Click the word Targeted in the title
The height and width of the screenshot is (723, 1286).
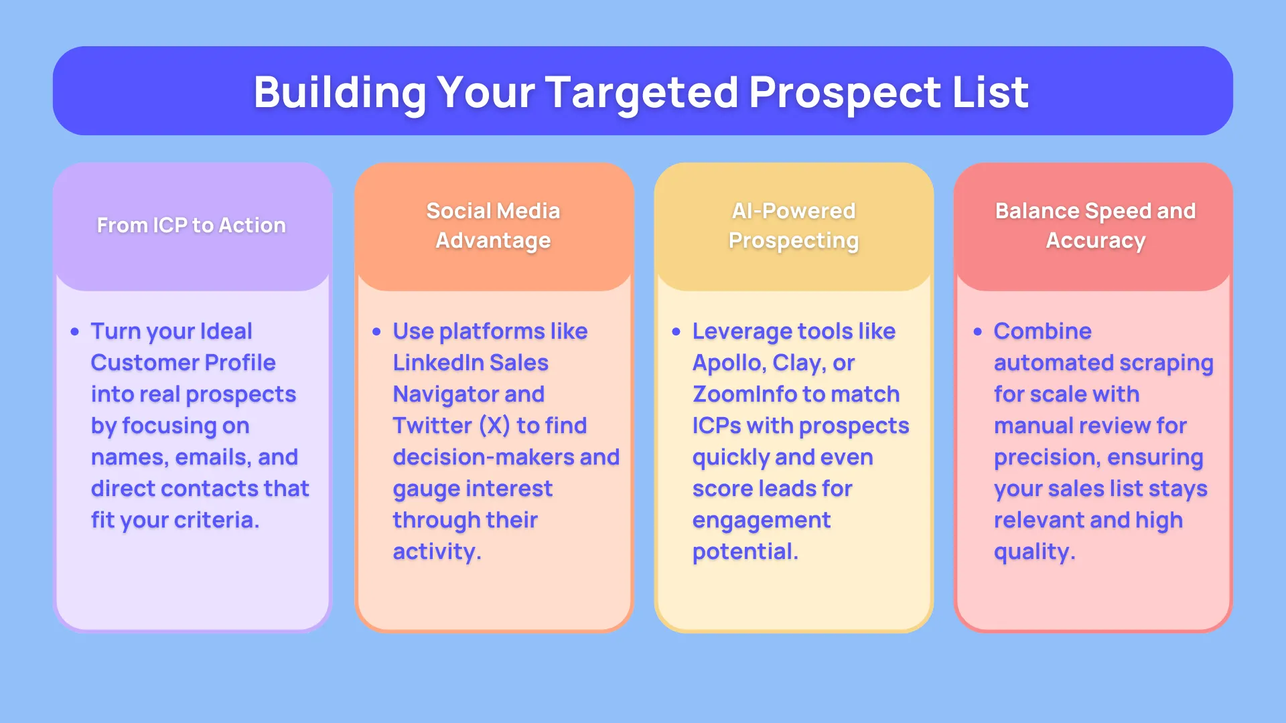[642, 93]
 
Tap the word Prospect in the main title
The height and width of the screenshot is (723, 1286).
[845, 93]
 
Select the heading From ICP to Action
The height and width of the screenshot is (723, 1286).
[192, 226]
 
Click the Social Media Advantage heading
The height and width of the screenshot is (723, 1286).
[493, 226]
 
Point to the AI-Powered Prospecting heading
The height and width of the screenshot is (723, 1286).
[794, 226]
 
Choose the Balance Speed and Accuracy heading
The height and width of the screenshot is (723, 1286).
[1095, 226]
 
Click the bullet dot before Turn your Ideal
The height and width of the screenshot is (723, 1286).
[74, 332]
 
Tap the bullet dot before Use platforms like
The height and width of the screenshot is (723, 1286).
[376, 332]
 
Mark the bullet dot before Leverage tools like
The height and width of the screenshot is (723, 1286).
[676, 332]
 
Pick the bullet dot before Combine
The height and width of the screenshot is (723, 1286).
[977, 332]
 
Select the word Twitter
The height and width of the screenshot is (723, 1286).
[433, 426]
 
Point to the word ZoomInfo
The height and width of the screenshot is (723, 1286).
[744, 394]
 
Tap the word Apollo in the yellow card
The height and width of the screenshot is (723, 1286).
[729, 364]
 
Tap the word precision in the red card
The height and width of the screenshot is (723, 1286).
[1048, 458]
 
